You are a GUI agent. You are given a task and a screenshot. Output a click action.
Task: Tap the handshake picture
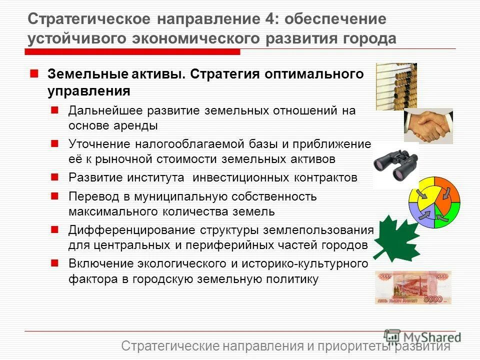(428, 125)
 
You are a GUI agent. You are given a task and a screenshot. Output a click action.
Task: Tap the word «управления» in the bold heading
(88, 91)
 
